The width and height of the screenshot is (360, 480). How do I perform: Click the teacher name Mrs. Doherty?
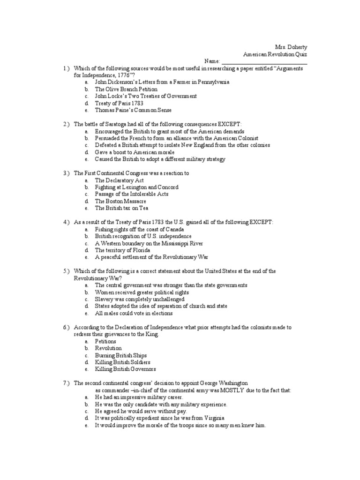pyautogui.click(x=291, y=47)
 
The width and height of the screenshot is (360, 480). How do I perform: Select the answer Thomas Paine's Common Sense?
pyautogui.click(x=133, y=110)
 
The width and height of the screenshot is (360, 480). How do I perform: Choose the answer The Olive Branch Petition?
pyautogui.click(x=126, y=89)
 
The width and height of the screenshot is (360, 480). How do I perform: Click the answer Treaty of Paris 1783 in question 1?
pyautogui.click(x=119, y=103)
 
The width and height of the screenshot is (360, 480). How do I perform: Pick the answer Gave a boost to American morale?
pyautogui.click(x=135, y=152)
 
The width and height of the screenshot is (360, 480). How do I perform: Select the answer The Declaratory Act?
pyautogui.click(x=119, y=180)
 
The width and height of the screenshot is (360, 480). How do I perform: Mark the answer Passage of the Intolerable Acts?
pyautogui.click(x=132, y=194)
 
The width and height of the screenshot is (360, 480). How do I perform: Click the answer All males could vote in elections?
pyautogui.click(x=134, y=313)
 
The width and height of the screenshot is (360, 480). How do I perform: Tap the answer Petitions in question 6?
pyautogui.click(x=105, y=341)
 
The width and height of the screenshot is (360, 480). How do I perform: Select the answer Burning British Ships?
pyautogui.click(x=121, y=355)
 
